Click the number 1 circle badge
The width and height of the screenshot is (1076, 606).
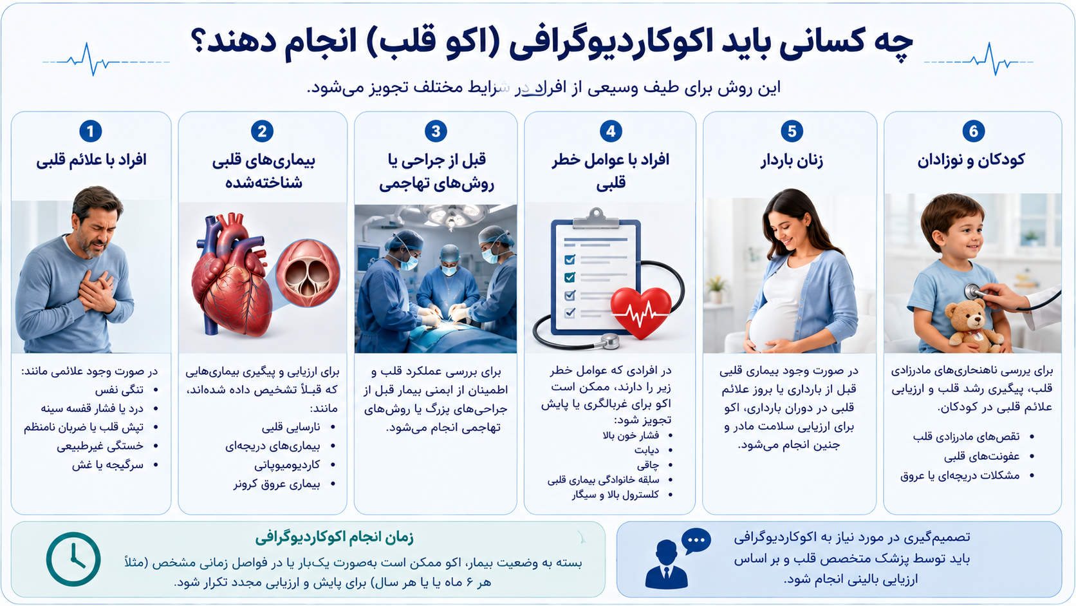coord(90,131)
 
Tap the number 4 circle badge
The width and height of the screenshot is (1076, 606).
coord(611,131)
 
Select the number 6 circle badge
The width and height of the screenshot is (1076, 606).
coord(973,131)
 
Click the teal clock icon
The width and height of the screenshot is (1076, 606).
coord(73,559)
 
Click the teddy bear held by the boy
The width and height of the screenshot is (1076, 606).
coord(972,325)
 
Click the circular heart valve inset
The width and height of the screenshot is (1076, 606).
coord(308,274)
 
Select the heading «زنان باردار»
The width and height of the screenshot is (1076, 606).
coord(792,160)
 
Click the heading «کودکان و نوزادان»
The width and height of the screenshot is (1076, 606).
coord(971,160)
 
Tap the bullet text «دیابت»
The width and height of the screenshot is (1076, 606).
coord(647,450)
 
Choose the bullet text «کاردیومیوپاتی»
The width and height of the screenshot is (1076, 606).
coord(287,465)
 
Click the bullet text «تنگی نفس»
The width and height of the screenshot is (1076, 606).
coord(119,390)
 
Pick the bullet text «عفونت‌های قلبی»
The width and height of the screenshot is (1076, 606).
coord(981,457)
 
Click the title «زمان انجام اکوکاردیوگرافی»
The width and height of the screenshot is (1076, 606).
coord(334,538)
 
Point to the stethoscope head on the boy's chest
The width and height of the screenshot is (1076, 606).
coord(973,290)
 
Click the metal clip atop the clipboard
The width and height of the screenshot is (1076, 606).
coord(596,219)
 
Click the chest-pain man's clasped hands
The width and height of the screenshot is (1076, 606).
coord(98,291)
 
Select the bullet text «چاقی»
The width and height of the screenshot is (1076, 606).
coord(648,465)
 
